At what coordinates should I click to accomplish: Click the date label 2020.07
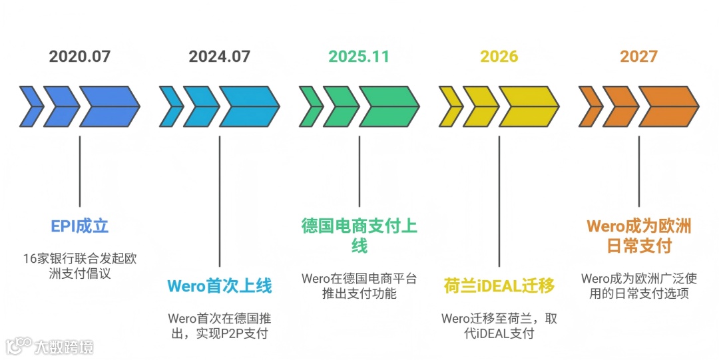click(x=80, y=56)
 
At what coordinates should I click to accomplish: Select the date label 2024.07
click(x=220, y=56)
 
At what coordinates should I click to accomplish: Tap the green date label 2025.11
click(x=359, y=56)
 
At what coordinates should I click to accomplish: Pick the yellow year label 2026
click(x=499, y=56)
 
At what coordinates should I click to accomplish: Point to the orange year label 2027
click(x=638, y=56)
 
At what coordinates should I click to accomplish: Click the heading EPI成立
click(x=80, y=226)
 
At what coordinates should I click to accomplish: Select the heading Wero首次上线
click(x=220, y=287)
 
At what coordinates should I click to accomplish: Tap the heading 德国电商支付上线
click(x=359, y=236)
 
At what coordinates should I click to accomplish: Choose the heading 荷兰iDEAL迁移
click(x=499, y=287)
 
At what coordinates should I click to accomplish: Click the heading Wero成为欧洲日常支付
click(x=639, y=236)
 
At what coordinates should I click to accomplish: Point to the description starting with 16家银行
click(x=80, y=266)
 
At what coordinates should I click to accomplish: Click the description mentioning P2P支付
click(x=220, y=325)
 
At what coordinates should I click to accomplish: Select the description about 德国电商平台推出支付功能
click(x=359, y=286)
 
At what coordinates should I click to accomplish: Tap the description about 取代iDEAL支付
click(x=499, y=325)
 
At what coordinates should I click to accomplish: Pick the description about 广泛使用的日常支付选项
click(x=639, y=286)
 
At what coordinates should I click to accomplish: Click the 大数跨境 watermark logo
click(x=50, y=346)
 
